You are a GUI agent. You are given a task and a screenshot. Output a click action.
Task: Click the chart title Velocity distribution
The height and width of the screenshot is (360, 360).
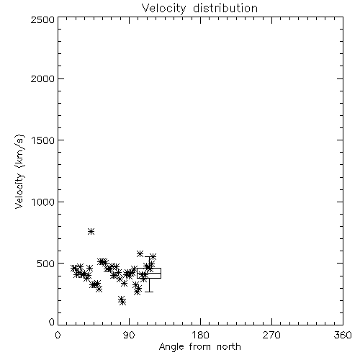point(199,9)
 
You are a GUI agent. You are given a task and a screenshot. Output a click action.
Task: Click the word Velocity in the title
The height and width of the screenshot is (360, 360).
point(163,9)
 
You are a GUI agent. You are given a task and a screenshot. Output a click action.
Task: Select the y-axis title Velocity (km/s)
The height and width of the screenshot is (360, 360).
point(19,171)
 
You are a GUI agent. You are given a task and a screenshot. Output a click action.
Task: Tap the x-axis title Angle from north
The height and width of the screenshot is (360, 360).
point(199,346)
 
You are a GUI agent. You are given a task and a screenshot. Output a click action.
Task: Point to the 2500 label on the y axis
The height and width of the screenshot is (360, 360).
point(42,19)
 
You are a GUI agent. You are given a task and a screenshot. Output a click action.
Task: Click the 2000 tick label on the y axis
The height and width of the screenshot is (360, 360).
point(42,78)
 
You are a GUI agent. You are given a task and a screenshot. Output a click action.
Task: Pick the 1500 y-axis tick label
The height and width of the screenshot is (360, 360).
point(43,140)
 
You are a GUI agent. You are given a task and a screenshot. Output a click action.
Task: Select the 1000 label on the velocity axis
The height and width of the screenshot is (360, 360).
point(43,202)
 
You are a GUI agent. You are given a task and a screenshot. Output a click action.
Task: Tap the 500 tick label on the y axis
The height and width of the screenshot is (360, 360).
point(46,264)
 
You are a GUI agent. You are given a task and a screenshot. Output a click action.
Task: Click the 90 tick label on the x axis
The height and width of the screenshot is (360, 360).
point(129,335)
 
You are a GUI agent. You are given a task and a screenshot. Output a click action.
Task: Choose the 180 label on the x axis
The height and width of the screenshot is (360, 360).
point(200,335)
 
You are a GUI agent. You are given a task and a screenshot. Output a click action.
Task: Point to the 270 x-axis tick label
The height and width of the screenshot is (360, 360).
point(271,335)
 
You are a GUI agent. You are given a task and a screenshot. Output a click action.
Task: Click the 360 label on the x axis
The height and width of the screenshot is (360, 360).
point(343,335)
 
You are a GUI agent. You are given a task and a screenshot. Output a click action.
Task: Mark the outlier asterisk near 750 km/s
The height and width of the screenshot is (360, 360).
point(91,231)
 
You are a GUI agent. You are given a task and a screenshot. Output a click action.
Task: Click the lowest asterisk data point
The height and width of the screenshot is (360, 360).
point(123,302)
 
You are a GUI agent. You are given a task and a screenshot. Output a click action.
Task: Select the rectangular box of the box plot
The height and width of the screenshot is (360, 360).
point(149,269)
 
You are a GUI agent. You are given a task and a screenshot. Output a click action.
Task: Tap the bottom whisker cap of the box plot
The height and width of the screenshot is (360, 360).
point(149,292)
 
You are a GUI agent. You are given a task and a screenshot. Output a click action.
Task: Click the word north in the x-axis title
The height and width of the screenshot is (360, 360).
point(229,346)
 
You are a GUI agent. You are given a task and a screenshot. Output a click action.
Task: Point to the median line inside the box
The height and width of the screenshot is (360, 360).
point(149,273)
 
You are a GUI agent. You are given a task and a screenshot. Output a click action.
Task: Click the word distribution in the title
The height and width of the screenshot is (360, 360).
point(225,9)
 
